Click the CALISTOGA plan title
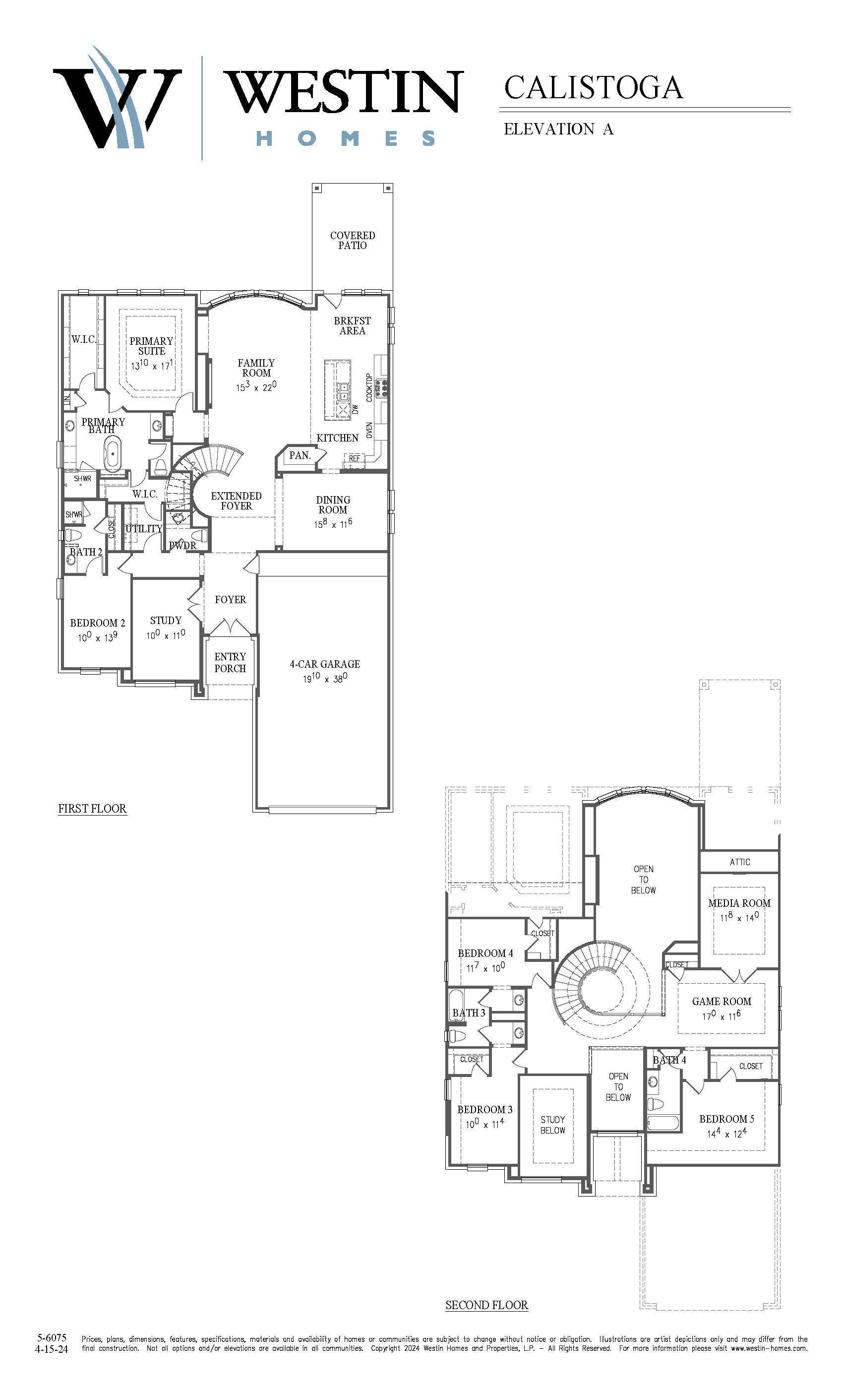click(594, 87)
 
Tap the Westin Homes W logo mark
click(117, 99)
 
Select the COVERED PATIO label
click(352, 240)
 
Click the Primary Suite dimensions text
click(152, 365)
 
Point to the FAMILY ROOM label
click(256, 368)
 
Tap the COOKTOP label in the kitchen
click(369, 387)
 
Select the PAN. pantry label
click(300, 455)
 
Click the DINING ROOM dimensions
click(333, 524)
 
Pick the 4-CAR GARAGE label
click(325, 664)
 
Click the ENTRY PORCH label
click(230, 662)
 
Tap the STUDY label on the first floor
click(166, 620)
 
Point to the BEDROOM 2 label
click(98, 623)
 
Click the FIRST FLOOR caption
click(92, 809)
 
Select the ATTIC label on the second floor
click(740, 862)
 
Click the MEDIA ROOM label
click(739, 902)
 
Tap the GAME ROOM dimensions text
click(722, 1015)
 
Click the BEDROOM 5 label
click(727, 1119)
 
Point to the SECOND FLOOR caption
click(487, 1305)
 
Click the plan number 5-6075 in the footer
click(52, 1336)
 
